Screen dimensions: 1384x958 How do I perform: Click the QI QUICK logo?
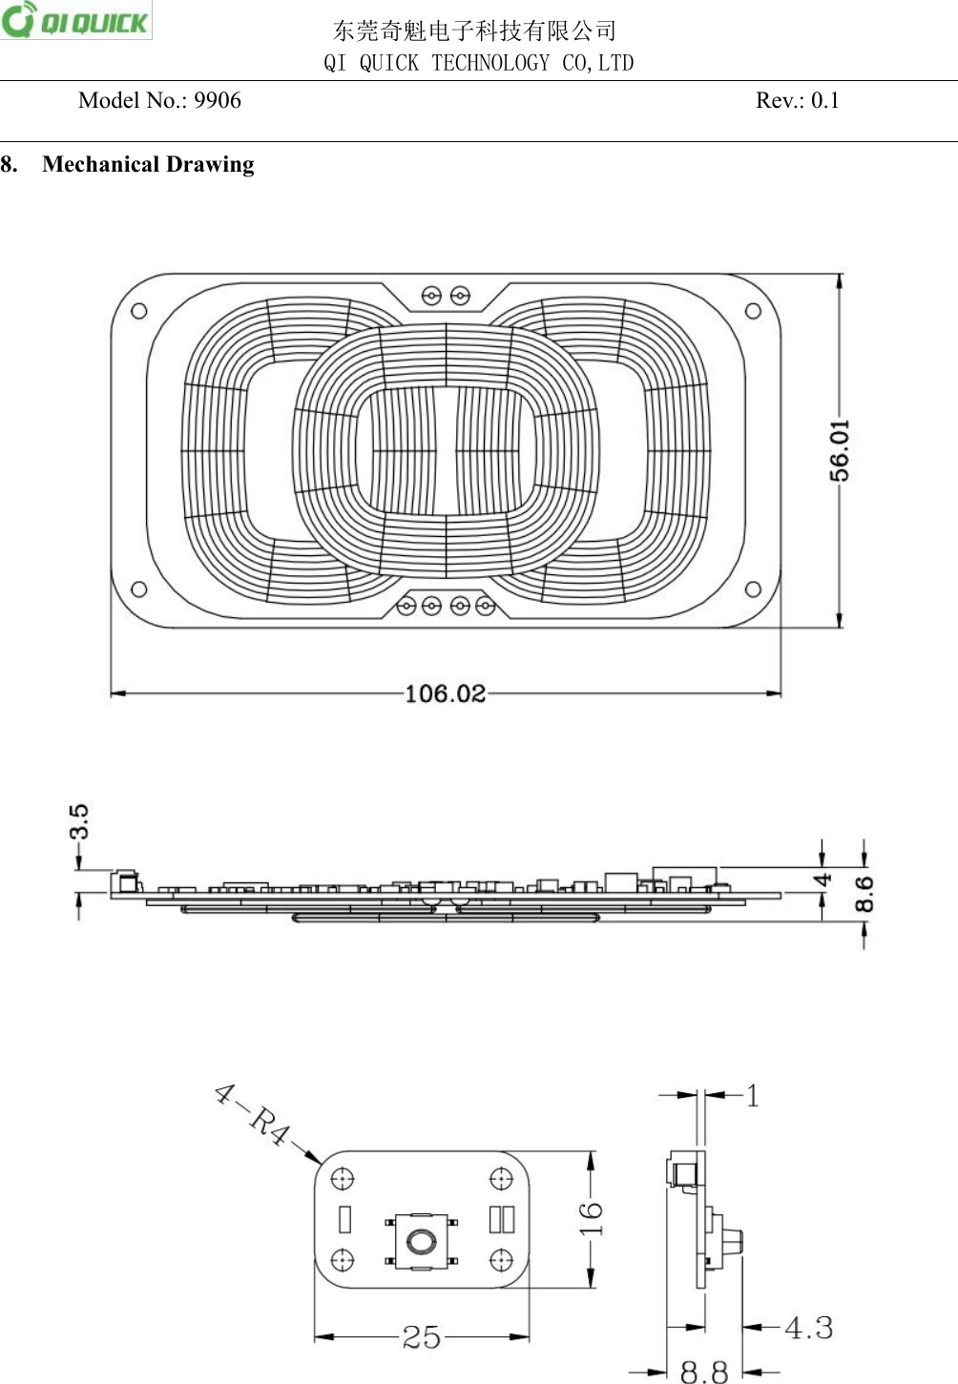(76, 20)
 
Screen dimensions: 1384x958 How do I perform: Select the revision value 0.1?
(824, 101)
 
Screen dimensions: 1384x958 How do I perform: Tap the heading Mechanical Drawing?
(148, 165)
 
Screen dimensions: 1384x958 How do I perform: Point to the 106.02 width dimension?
(445, 693)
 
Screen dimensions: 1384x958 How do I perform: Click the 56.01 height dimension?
(839, 449)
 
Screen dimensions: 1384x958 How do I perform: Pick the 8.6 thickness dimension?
(864, 894)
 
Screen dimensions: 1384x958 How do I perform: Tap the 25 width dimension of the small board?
(421, 1337)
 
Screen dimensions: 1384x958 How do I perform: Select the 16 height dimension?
(592, 1218)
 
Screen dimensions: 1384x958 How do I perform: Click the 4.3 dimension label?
(808, 1328)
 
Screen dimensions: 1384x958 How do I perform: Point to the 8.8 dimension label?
(704, 1372)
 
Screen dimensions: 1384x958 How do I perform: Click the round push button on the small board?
(421, 1241)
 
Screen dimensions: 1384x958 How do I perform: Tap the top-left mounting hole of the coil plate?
(139, 311)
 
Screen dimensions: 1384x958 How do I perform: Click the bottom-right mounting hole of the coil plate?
(753, 589)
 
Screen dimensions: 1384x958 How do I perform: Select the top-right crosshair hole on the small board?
(501, 1180)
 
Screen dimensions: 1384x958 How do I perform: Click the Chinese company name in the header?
(474, 31)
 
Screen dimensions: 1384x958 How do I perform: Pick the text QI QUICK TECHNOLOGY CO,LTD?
(478, 63)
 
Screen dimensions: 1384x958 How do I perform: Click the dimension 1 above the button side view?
(753, 1096)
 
